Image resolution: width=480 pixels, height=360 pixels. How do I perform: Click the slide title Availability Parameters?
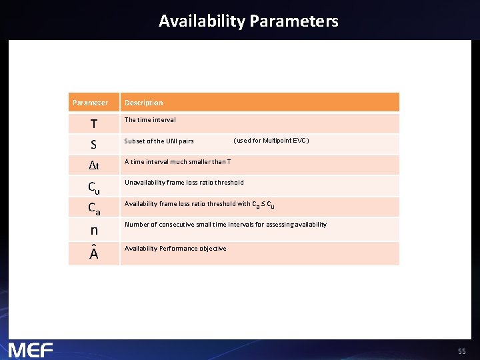tap(248, 21)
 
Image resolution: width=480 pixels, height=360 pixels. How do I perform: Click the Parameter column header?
tap(90, 103)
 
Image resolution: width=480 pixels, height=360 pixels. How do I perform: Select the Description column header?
tap(143, 103)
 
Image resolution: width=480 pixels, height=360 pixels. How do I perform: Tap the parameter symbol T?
tap(94, 124)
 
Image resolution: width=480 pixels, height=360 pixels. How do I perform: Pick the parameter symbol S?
tap(94, 144)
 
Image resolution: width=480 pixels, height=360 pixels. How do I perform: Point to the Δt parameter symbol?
tap(94, 165)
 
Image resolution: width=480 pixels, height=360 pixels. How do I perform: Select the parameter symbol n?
tap(94, 230)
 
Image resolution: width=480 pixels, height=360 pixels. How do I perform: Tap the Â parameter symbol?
tap(94, 253)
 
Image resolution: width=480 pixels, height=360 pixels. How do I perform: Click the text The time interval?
tap(150, 120)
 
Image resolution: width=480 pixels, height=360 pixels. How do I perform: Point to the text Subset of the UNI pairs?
tap(159, 141)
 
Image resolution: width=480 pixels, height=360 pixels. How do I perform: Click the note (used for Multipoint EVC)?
tap(271, 141)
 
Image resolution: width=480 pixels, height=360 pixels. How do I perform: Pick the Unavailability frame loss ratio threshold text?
tap(184, 182)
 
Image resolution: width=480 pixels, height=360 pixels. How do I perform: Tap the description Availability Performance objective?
tap(175, 249)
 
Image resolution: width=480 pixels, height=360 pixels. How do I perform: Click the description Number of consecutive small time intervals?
tap(225, 225)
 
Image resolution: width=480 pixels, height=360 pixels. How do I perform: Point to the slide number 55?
tap(461, 351)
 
